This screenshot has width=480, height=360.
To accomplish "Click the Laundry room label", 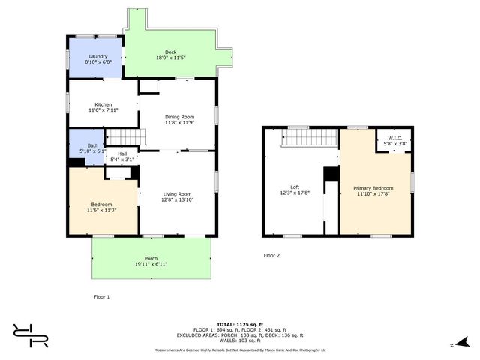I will click(x=98, y=57).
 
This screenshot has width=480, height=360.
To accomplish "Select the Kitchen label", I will click(x=103, y=104).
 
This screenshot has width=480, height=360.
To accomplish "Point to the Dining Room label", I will click(x=179, y=117).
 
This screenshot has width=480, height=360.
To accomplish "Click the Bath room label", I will click(x=92, y=145).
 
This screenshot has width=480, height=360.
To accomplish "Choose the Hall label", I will click(x=121, y=154).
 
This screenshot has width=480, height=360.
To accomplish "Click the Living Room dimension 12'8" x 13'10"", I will click(x=177, y=200).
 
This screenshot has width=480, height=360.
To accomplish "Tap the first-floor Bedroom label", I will click(x=101, y=205).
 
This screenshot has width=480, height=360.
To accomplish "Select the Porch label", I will click(x=151, y=259).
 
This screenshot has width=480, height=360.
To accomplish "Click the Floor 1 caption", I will click(x=101, y=297).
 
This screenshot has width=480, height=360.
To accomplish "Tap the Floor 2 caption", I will click(x=271, y=256).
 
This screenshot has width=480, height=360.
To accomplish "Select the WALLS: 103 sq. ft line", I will click(x=239, y=340).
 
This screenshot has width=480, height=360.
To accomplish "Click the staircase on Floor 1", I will click(x=123, y=137).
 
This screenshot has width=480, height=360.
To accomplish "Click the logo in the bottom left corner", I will click(x=30, y=335).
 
